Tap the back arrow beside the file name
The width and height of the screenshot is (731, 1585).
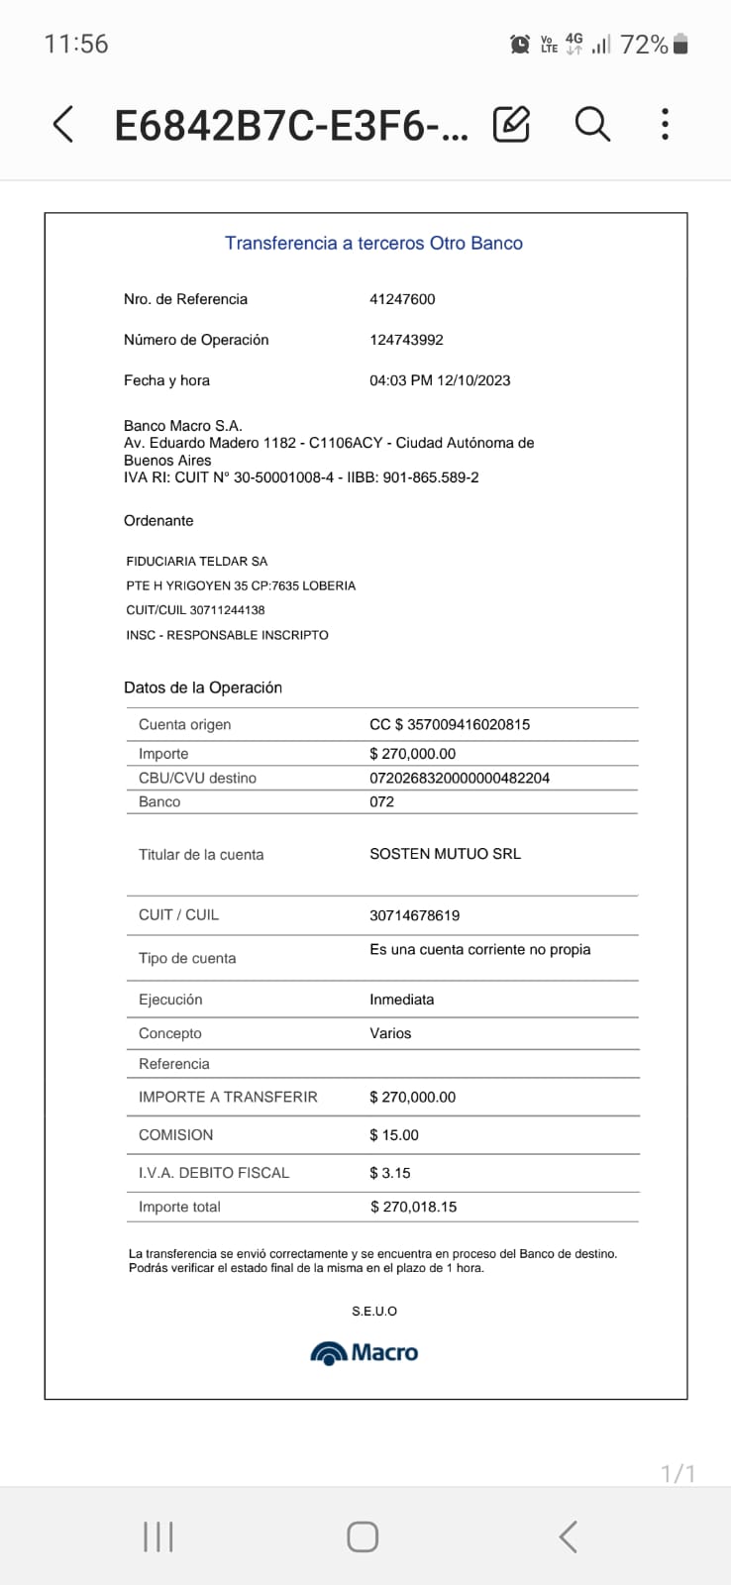[x=62, y=125]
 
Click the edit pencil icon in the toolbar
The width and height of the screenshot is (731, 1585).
[x=511, y=124]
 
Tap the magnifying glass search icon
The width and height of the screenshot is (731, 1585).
[x=592, y=124]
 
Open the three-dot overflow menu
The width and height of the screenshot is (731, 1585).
[x=665, y=124]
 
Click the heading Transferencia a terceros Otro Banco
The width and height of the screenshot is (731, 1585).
[x=373, y=243]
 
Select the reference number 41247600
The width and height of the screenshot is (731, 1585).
[x=402, y=299]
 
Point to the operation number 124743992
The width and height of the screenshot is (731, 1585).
[x=406, y=340]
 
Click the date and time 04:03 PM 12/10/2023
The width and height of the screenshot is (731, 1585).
[x=440, y=380]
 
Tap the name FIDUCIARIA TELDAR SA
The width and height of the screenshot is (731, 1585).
[x=197, y=561]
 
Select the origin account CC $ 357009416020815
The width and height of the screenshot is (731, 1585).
[x=450, y=724]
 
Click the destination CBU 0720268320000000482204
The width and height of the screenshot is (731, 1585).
[x=460, y=778]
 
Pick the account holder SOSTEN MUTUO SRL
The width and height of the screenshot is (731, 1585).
[x=445, y=854]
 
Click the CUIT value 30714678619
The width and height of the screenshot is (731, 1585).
[x=414, y=915]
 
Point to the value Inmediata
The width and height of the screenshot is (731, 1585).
[x=401, y=1000]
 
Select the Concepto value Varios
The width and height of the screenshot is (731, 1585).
[x=390, y=1033]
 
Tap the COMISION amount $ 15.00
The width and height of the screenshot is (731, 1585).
[x=394, y=1135]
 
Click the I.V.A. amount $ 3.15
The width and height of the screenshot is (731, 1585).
[x=390, y=1173]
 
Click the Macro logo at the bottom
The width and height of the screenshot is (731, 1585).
[x=365, y=1353]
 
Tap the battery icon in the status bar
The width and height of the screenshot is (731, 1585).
[x=680, y=45]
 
